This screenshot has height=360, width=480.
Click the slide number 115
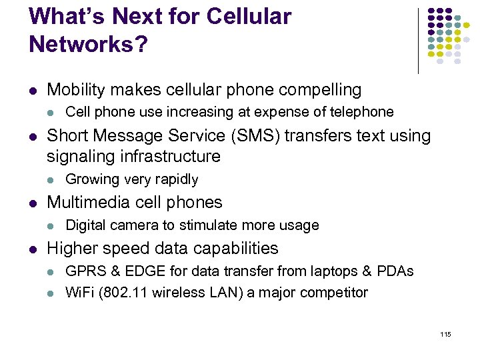pyautogui.click(x=445, y=334)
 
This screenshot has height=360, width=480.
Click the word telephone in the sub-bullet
pyautogui.click(x=361, y=112)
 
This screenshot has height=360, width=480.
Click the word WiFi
pyautogui.click(x=79, y=293)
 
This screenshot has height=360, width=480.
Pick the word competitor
pyautogui.click(x=331, y=293)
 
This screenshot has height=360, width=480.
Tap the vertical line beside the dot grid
pyautogui.click(x=418, y=40)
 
